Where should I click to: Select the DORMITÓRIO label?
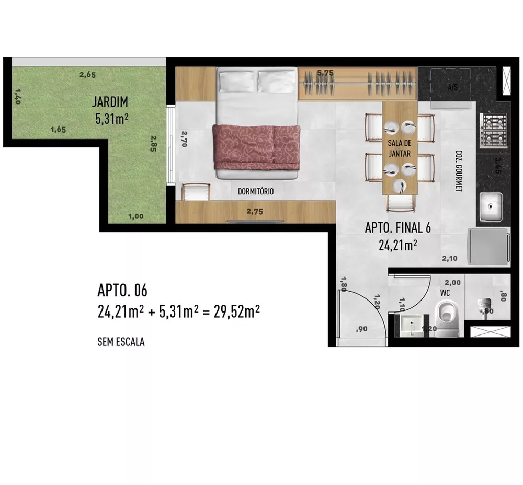click(x=256, y=192)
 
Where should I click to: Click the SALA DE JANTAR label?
click(x=399, y=148)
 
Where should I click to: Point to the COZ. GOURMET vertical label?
click(x=459, y=171)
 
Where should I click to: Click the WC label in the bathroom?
click(x=445, y=293)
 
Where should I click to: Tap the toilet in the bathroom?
click(x=447, y=318)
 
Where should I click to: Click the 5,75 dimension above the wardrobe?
click(x=325, y=73)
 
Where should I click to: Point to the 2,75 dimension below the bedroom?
click(x=256, y=211)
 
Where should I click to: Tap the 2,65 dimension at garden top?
click(x=87, y=75)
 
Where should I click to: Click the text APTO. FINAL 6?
click(x=397, y=228)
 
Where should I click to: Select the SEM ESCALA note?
click(x=121, y=343)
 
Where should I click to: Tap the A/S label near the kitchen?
click(x=452, y=88)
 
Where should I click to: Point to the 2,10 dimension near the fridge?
click(x=450, y=258)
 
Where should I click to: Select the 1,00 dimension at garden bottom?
click(x=135, y=216)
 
